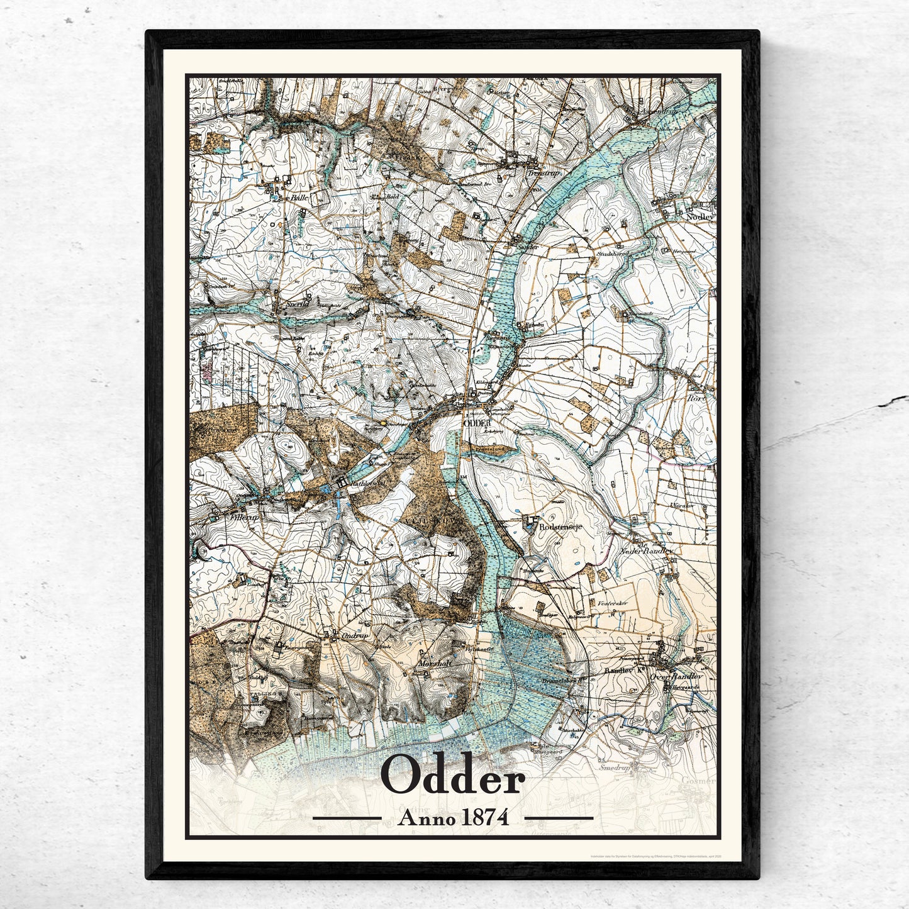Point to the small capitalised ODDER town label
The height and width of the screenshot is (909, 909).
click(476, 423)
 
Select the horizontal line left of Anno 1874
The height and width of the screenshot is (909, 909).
click(347, 818)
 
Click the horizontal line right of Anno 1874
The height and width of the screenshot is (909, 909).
click(559, 818)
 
